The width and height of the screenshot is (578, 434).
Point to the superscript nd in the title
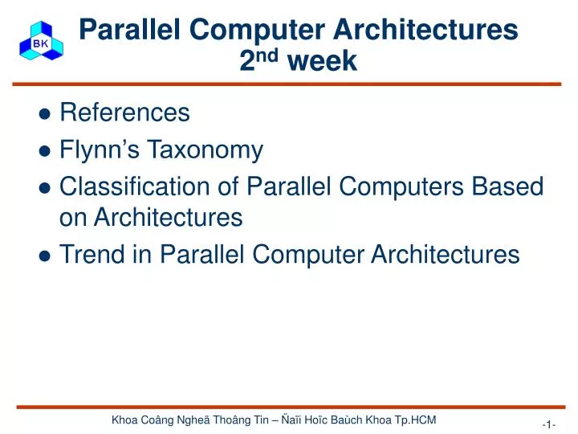[268, 55]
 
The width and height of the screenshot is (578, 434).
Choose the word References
[124, 113]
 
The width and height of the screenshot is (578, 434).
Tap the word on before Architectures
[75, 217]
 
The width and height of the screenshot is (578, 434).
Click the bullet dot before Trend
[46, 256]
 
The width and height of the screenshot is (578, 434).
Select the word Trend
[92, 255]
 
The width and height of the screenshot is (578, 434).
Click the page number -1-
[549, 424]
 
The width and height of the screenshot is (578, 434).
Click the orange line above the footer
[289, 407]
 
